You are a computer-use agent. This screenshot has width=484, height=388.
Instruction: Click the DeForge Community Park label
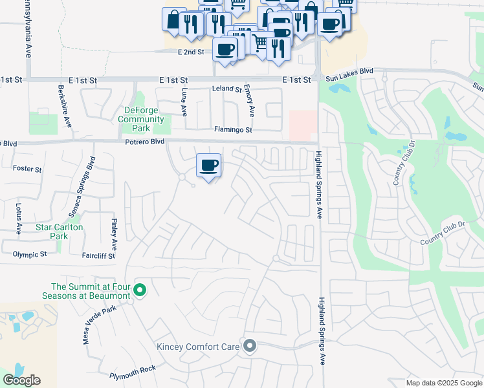coord(140,119)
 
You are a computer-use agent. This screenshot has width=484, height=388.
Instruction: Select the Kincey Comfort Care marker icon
coord(250,346)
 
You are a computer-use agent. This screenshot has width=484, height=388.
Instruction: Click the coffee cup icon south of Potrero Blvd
coord(208,166)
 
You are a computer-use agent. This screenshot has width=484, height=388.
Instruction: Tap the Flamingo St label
coord(232,130)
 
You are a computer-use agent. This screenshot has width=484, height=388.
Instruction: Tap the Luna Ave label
coord(185,102)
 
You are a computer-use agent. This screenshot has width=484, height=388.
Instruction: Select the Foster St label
coord(27,169)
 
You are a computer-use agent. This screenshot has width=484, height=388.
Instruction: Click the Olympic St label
coord(30,255)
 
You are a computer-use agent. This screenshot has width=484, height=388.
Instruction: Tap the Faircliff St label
coord(98,256)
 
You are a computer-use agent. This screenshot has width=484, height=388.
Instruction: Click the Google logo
coord(22,380)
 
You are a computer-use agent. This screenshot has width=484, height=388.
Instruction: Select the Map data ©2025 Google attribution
coord(443,383)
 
